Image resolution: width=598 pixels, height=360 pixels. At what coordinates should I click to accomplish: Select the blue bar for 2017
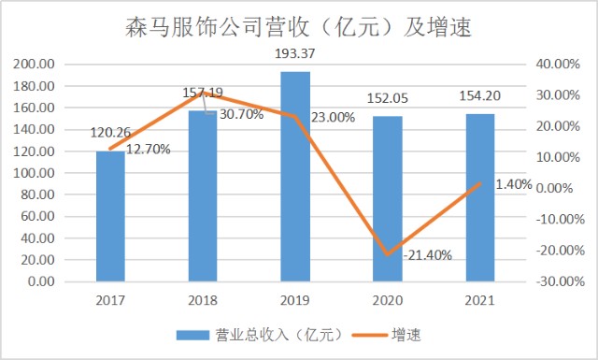tap(110, 215)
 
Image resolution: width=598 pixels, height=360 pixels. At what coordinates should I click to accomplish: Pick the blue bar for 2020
tap(388, 198)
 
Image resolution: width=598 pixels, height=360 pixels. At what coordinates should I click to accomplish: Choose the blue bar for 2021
tap(480, 197)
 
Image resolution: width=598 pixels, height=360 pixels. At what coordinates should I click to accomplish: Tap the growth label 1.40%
tap(513, 184)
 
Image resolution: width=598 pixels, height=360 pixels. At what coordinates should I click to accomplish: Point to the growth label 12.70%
tap(148, 150)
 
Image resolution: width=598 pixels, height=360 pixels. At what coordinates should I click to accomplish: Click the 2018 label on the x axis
tap(203, 300)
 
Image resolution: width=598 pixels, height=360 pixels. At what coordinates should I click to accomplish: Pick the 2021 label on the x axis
tap(480, 300)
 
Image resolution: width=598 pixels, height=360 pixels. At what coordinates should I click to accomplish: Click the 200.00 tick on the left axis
tap(36, 65)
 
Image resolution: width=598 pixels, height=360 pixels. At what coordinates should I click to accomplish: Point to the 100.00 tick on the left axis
tap(36, 173)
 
